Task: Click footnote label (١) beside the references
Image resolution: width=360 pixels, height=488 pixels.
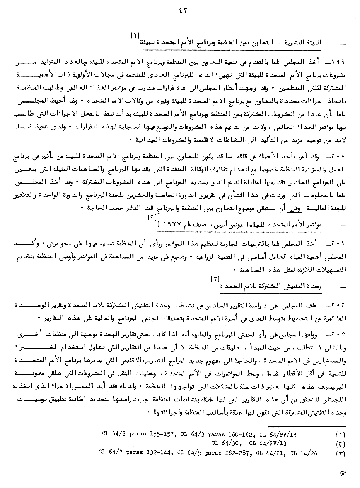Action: click(340, 435)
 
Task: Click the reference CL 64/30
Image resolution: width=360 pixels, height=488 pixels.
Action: click(226, 443)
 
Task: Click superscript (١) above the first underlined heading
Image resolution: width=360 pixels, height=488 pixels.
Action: click(135, 35)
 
